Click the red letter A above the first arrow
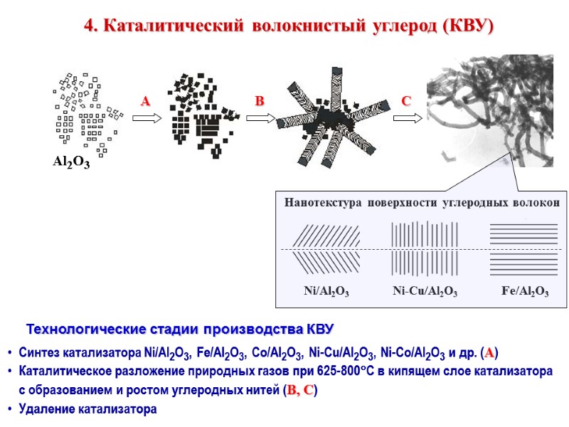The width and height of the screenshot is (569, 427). (146, 102)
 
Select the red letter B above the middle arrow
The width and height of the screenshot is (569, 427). (260, 102)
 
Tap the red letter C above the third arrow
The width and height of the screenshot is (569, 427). (406, 102)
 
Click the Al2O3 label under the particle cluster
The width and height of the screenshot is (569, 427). (71, 162)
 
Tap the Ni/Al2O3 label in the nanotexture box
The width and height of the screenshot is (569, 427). (326, 292)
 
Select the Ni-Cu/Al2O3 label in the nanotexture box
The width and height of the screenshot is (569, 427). (425, 292)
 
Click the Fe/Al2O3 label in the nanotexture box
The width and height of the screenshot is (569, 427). (525, 292)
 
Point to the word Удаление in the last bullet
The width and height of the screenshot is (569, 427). (47, 409)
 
